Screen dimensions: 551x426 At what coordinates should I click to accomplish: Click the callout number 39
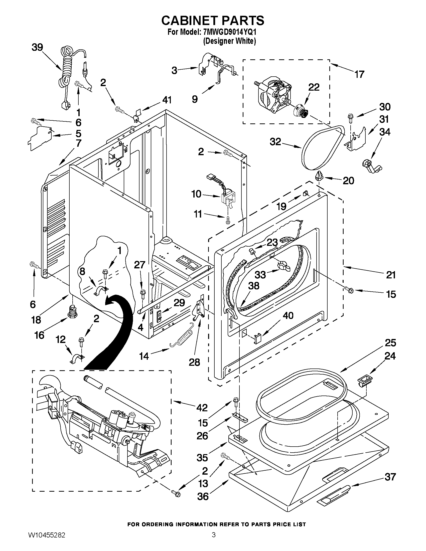pos(37,47)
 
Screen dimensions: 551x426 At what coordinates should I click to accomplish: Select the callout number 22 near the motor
pos(314,87)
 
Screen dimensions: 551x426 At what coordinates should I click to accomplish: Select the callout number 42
pos(202,408)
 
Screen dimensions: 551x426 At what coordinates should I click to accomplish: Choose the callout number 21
pos(391,275)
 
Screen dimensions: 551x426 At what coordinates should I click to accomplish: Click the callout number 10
pos(196,194)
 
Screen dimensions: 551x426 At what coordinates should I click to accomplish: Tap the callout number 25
pos(390,343)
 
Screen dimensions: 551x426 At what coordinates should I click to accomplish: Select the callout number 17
pos(359,74)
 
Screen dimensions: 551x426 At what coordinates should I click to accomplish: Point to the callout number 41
pos(167,100)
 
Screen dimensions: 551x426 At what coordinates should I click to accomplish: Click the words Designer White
pos(229,41)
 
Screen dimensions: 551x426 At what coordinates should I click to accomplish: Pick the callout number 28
pos(194,362)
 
